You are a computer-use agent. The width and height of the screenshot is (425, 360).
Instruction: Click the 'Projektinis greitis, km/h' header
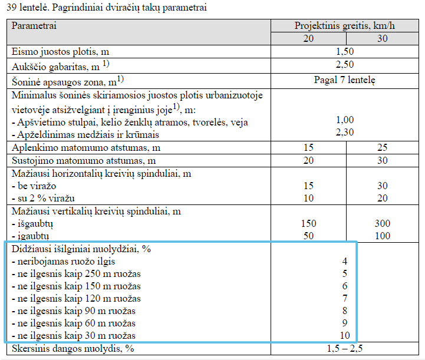344,27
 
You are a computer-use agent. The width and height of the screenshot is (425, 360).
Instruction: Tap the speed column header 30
382,39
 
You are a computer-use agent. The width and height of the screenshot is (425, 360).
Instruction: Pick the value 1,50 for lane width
344,52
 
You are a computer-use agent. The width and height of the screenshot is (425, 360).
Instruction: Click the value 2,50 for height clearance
344,65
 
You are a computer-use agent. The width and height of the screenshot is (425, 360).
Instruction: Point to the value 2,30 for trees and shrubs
344,133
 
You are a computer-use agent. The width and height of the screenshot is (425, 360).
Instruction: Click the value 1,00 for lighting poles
344,120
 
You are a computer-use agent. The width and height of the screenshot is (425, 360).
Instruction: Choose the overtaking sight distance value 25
382,147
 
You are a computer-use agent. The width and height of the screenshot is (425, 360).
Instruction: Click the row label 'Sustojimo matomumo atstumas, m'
83,160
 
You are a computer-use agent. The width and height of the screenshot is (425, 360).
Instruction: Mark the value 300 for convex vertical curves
382,224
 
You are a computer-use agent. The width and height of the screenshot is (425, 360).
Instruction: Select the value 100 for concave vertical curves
382,236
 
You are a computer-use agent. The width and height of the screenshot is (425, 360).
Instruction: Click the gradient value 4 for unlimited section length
344,261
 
